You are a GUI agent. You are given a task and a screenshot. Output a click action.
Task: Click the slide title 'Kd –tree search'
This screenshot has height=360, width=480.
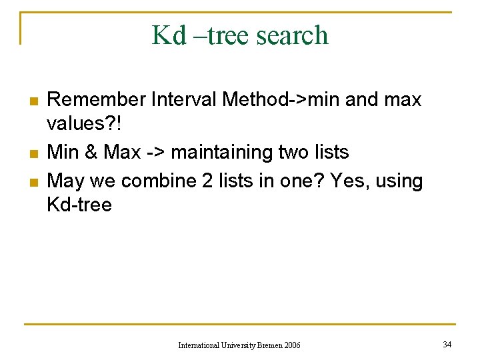(x=240, y=35)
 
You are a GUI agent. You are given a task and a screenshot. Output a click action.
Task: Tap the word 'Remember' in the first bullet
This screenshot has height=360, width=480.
(x=97, y=100)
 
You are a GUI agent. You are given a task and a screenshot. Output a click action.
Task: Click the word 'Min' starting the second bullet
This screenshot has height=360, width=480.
(x=63, y=152)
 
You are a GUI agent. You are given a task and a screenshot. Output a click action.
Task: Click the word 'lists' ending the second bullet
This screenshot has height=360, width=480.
(x=331, y=152)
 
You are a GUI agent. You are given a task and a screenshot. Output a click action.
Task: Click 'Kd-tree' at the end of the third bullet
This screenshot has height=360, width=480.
(x=79, y=205)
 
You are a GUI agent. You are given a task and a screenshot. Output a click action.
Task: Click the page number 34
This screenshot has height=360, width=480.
(x=447, y=344)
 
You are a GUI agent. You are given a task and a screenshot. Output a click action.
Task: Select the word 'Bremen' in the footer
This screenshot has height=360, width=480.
(x=270, y=345)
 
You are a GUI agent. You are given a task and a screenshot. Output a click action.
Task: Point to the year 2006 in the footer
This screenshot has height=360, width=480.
(x=292, y=345)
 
